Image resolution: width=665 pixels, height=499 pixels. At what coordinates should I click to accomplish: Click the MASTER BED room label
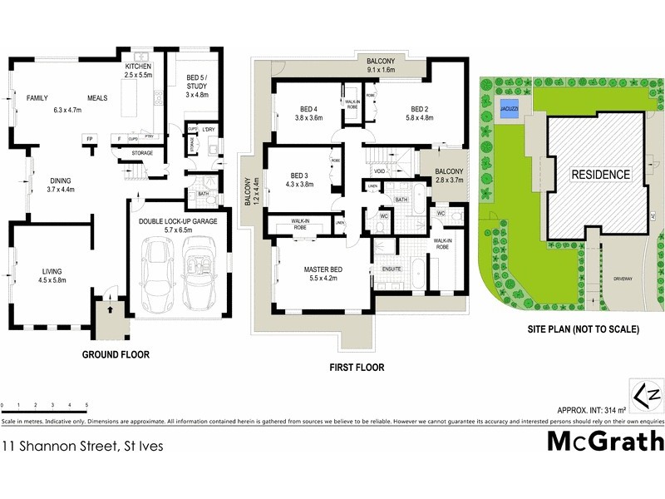318,272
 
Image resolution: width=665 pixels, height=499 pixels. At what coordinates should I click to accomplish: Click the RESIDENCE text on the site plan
600,175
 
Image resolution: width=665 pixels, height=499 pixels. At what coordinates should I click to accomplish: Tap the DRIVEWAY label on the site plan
623,279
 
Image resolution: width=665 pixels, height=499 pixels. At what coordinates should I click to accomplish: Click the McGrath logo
604,441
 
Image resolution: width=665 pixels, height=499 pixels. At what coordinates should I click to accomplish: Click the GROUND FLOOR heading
116,354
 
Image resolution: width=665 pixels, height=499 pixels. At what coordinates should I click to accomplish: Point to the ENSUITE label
392,269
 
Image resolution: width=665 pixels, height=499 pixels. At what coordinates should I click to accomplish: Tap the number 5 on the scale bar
86,405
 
